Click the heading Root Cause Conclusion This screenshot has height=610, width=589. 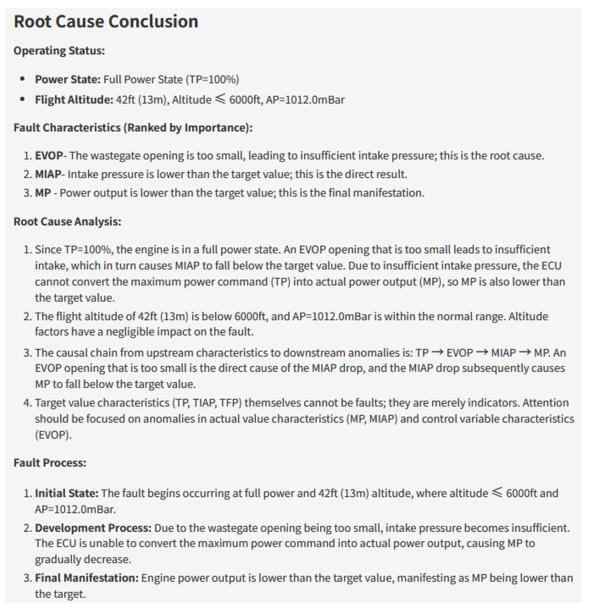106,22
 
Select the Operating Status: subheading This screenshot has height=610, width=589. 59,51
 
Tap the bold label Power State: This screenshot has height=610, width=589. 68,80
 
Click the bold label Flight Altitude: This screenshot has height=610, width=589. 74,100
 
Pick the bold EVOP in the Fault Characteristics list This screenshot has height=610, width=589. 49,156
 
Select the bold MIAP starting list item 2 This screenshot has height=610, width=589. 48,174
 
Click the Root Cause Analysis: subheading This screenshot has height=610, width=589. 67,222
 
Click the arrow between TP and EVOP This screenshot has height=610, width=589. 438,352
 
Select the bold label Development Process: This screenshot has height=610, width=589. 93,528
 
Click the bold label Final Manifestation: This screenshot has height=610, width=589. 87,578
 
